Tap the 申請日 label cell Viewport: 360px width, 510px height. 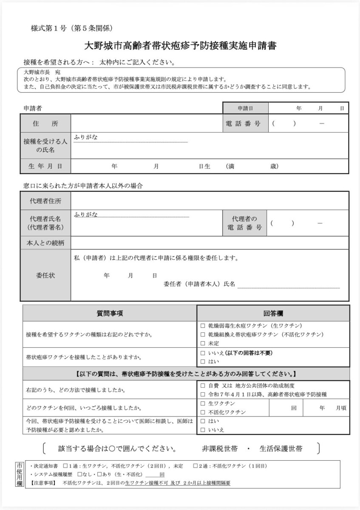point(245,108)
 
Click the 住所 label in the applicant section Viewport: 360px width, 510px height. point(45,124)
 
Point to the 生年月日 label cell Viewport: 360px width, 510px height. point(45,166)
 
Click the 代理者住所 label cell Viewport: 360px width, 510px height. point(45,201)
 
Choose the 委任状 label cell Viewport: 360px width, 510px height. point(45,275)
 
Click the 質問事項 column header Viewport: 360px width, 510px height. point(110,313)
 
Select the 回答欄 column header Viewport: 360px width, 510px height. point(273,313)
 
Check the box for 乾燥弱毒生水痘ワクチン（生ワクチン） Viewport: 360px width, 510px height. point(203,326)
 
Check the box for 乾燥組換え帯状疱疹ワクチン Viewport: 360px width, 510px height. point(203,334)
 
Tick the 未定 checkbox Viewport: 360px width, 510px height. point(203,343)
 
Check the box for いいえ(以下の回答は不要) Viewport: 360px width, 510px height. point(203,353)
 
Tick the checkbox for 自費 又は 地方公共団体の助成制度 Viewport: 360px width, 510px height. point(203,386)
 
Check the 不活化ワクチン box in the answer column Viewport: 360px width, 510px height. point(203,412)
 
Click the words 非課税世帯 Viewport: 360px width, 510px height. point(220,449)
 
